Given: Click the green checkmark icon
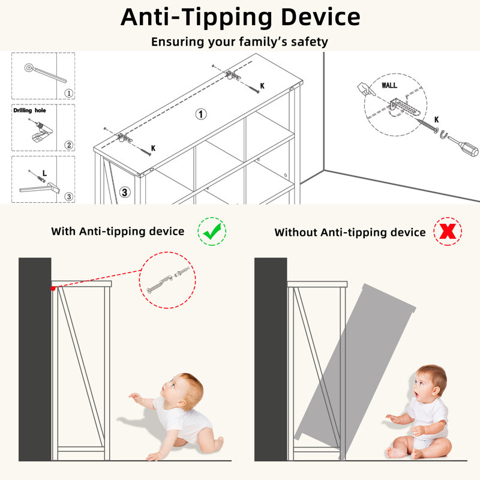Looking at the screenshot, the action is click(x=212, y=231).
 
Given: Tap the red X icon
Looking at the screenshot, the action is click(x=448, y=232).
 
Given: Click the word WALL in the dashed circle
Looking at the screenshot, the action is click(x=389, y=85).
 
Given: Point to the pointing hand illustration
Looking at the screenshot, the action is click(x=366, y=89).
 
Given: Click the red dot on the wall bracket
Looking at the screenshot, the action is click(x=53, y=289).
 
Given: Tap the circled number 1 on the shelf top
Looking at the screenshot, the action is click(x=201, y=114).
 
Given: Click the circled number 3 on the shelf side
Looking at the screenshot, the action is click(x=125, y=192).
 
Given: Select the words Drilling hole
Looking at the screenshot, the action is click(x=29, y=110).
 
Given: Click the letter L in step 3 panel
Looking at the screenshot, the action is click(x=44, y=173).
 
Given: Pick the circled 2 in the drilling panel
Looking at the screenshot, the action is click(x=69, y=145).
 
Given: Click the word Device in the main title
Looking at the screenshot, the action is click(x=320, y=17).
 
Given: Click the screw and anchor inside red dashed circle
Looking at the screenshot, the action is click(x=168, y=280).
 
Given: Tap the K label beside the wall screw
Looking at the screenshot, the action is click(x=437, y=119).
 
